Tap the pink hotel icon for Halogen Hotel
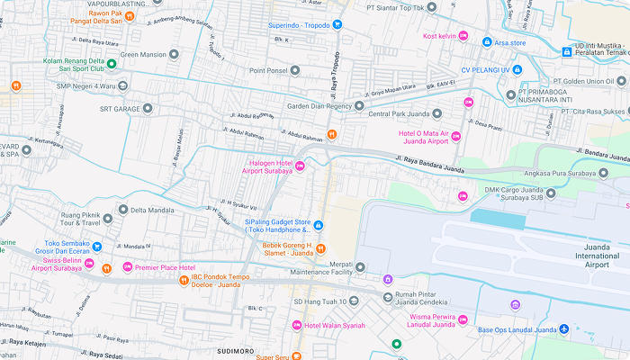click(x=300, y=166)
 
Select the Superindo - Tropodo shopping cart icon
click(x=337, y=24)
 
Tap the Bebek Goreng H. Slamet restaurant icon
click(x=320, y=248)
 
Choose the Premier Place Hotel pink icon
click(x=127, y=267)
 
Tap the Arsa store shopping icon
click(x=487, y=42)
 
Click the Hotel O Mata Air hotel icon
click(x=455, y=137)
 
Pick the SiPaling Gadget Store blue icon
click(x=317, y=225)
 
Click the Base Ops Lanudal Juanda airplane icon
click(x=564, y=329)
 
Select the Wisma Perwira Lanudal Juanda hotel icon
click(x=463, y=319)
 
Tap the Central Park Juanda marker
click(x=437, y=114)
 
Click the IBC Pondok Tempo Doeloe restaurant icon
click(x=184, y=281)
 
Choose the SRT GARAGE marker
click(x=148, y=109)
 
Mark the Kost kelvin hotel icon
click(x=463, y=36)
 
